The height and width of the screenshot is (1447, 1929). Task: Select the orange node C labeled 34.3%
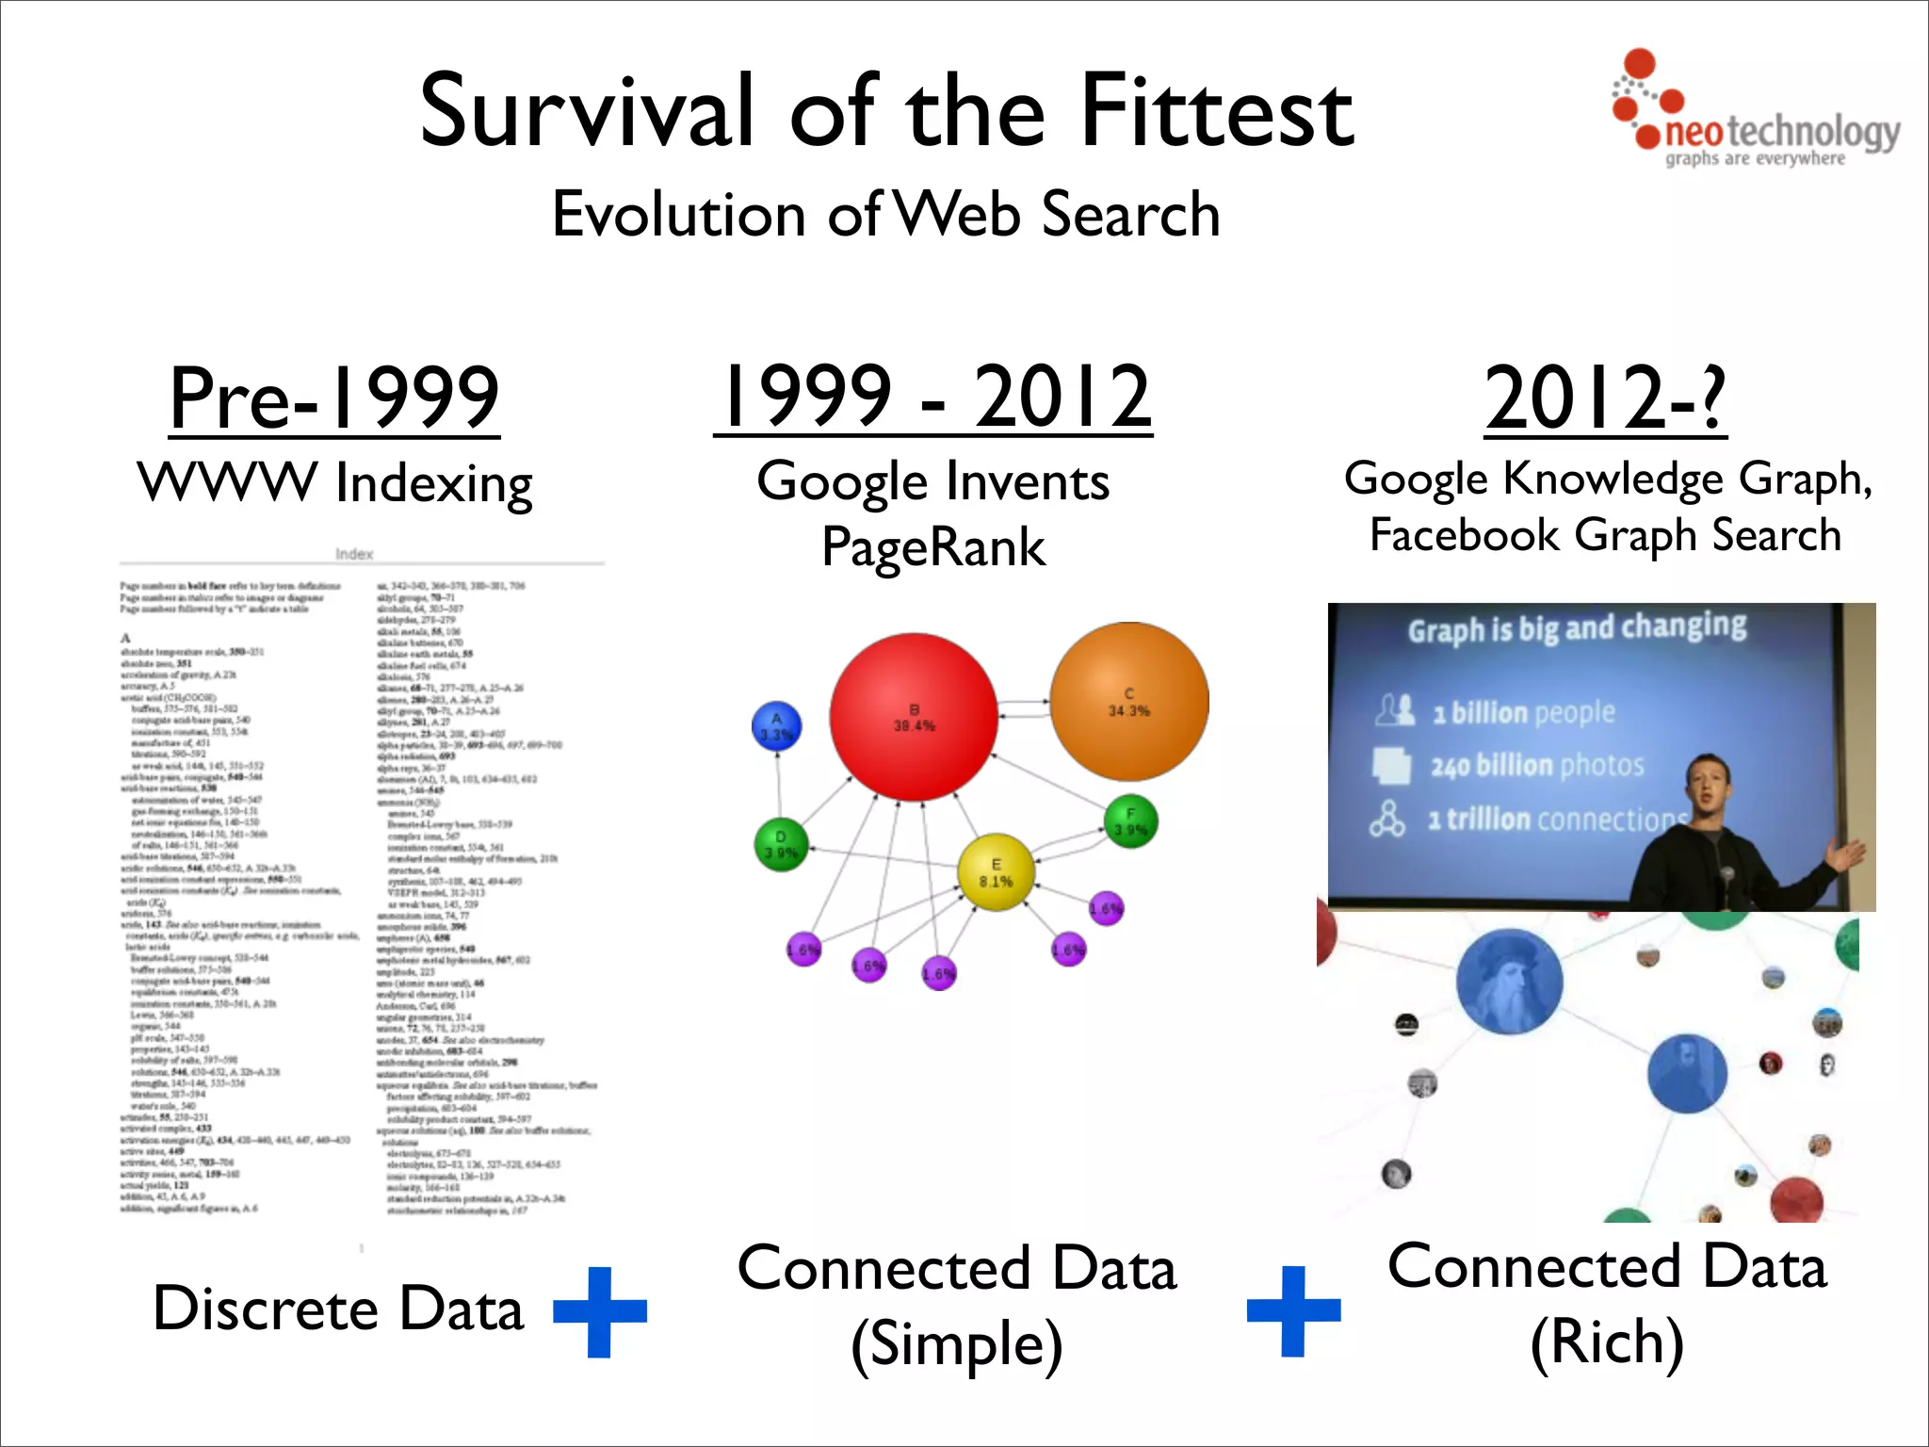(x=1128, y=702)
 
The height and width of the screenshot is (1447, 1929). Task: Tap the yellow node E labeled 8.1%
(x=996, y=872)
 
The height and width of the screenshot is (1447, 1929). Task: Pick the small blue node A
(x=776, y=726)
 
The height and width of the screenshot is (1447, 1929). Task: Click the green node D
(x=781, y=844)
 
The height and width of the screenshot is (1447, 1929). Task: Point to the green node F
(x=1130, y=821)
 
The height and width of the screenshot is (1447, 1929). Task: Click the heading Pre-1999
(x=334, y=398)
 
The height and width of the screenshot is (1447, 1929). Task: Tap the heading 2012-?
(x=1605, y=398)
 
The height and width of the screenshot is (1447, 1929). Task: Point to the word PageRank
(x=933, y=547)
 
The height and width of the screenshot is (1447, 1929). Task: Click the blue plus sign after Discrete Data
(x=600, y=1311)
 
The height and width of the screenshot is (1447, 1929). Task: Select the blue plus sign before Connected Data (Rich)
(x=1293, y=1310)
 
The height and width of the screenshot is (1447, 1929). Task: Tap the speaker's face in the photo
(x=1710, y=783)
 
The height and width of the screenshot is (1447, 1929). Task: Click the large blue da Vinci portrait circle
(x=1509, y=982)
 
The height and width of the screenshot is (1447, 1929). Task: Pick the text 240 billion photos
(x=1537, y=766)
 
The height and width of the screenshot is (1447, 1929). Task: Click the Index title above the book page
(x=354, y=554)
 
